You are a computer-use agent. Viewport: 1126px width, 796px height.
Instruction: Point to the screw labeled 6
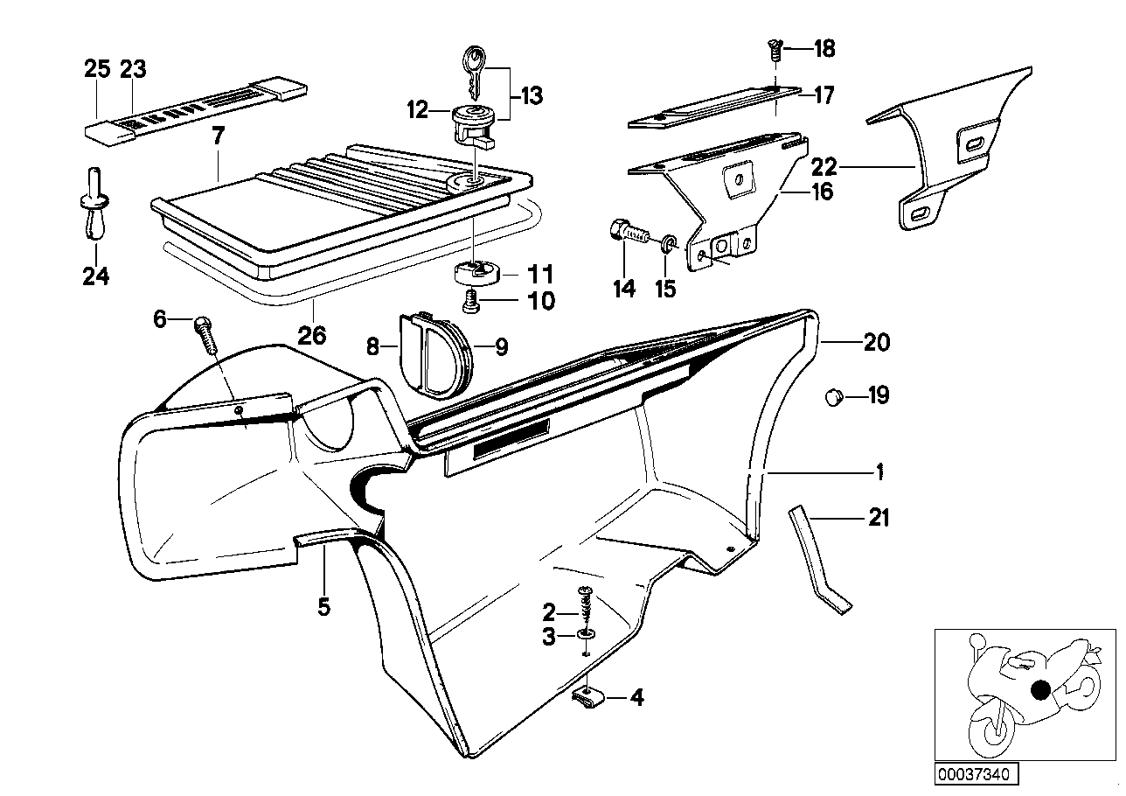[207, 333]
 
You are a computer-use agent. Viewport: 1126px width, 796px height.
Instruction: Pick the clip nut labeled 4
[588, 697]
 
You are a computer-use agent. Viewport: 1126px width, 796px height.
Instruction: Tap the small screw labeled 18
[775, 50]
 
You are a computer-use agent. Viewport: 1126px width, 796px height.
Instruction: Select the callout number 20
[876, 343]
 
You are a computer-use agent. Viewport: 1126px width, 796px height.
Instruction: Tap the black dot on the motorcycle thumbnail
[1040, 690]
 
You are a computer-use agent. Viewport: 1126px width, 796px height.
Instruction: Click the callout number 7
[218, 136]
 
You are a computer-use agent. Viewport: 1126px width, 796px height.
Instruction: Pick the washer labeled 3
[587, 632]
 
